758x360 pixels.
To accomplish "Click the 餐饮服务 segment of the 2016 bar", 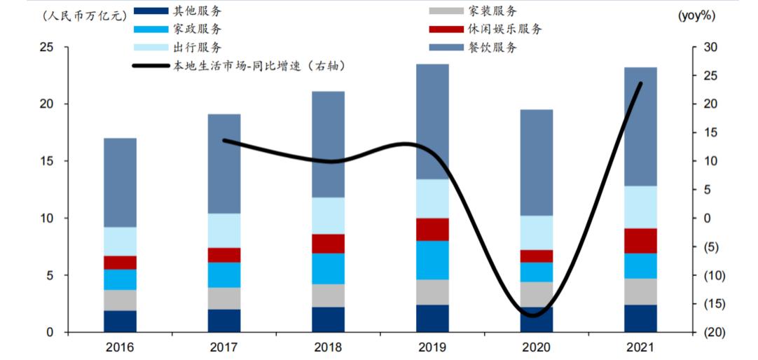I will point(120,182).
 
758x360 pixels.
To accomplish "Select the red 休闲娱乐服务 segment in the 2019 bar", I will point(432,229).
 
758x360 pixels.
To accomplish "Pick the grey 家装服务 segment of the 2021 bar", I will point(640,291).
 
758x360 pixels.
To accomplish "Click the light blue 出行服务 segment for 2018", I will point(328,216).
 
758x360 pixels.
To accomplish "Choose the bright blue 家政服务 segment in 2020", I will point(536,272).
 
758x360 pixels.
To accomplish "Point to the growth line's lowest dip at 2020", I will point(534,315).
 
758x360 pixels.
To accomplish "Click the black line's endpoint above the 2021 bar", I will point(640,84).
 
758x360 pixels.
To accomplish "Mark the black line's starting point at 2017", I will point(223,140).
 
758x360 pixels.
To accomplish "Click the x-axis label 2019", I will point(432,347).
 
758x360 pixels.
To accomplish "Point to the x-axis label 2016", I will point(120,347).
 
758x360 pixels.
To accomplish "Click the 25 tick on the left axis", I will point(46,48).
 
